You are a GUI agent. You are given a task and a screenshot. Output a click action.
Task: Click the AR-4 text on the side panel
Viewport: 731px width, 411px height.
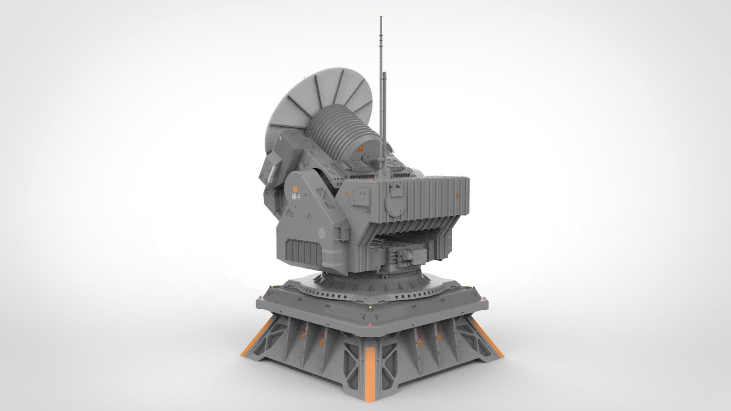click(x=295, y=197)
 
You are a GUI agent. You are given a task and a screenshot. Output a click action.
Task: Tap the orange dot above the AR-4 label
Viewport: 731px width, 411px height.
click(x=295, y=188)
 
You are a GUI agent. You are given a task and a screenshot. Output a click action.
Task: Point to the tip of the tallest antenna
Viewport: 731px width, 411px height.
click(x=381, y=17)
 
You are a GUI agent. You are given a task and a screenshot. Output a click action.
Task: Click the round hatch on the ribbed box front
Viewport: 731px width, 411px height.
click(x=394, y=207)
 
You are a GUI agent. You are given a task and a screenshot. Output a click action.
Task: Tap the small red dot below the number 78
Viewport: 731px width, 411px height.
click(x=280, y=151)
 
